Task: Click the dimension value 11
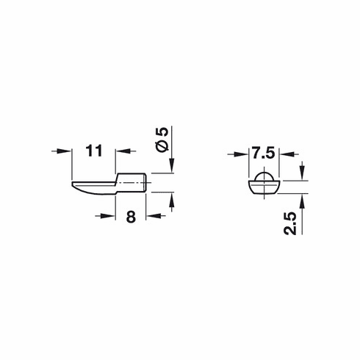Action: (93, 151)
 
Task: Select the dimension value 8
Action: (131, 217)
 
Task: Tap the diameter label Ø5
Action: (162, 137)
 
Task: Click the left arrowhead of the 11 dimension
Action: (70, 151)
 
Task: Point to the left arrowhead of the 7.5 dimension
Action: (245, 154)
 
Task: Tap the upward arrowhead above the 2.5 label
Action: (302, 199)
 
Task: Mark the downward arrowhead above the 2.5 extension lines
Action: (302, 176)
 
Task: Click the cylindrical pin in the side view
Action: (132, 181)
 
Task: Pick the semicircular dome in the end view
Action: (262, 177)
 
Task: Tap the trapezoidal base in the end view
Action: (262, 187)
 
